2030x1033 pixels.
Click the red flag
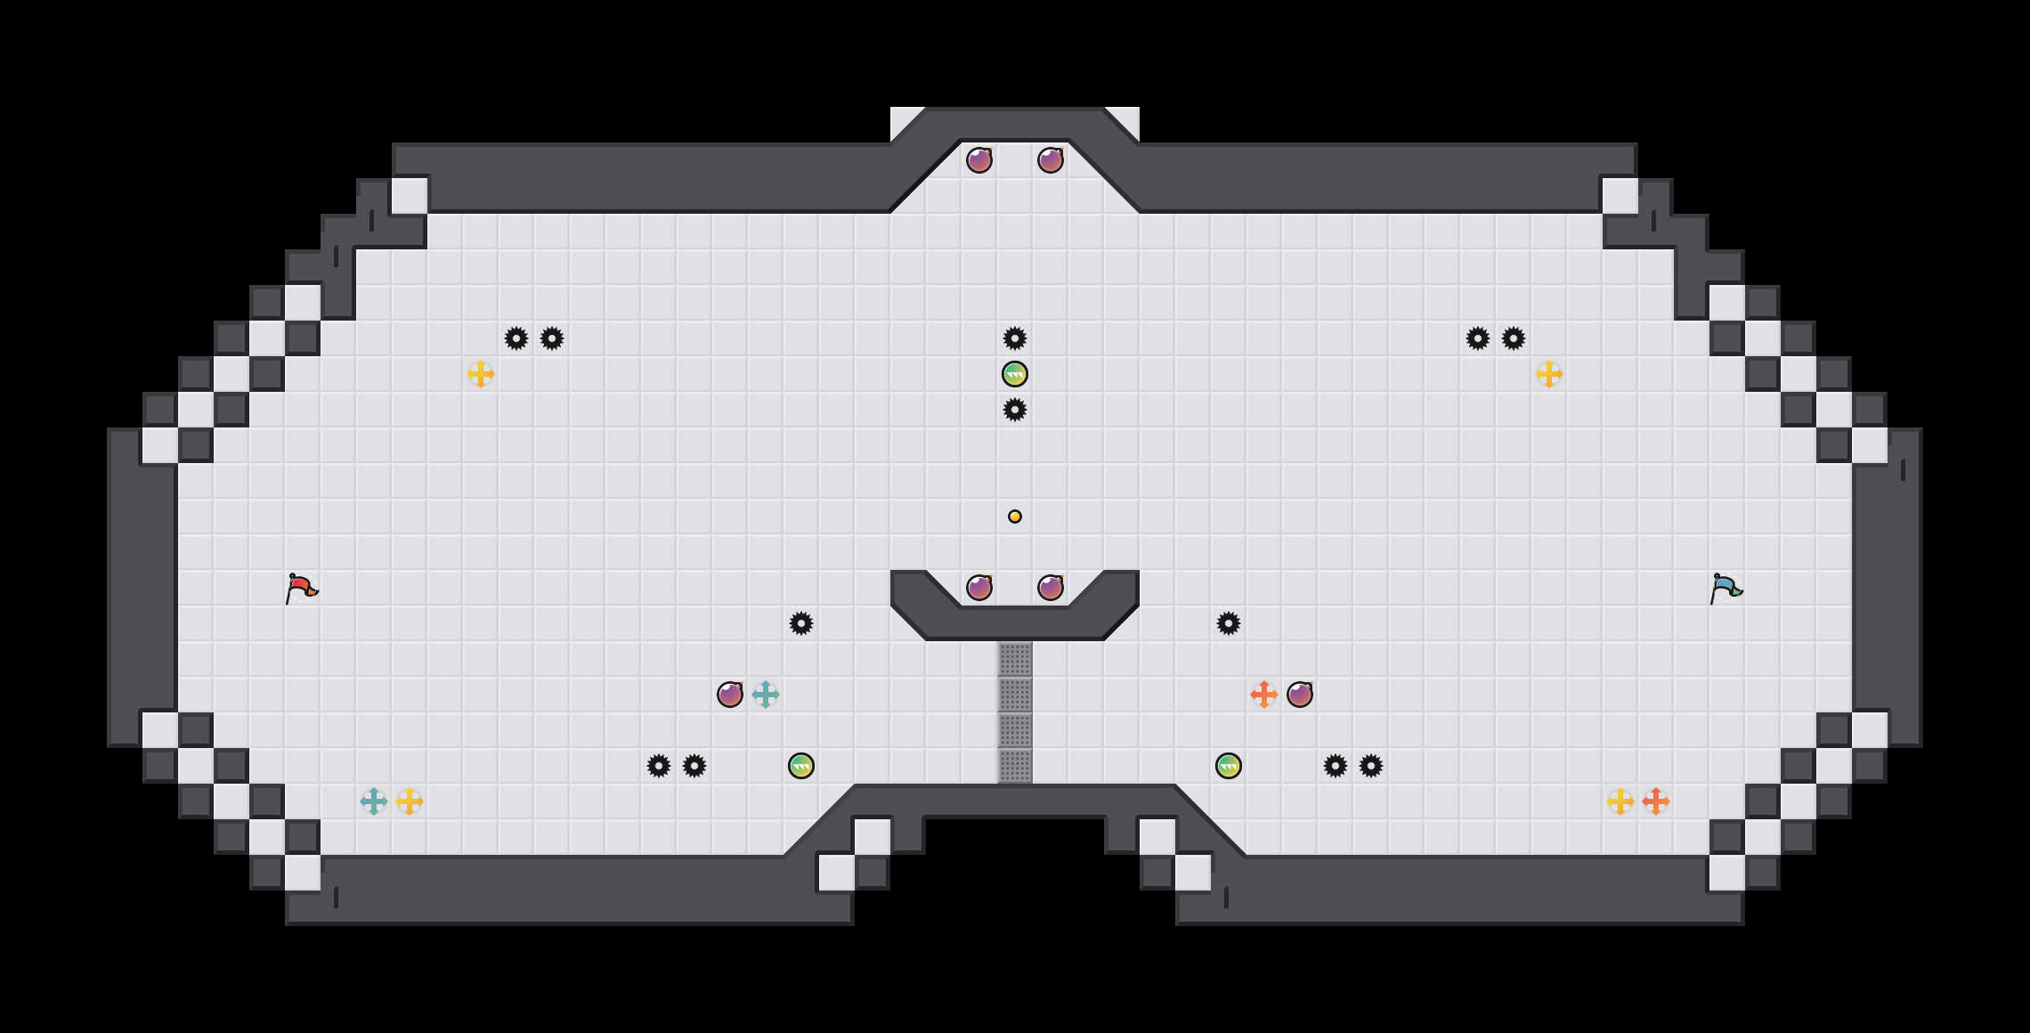coord(301,588)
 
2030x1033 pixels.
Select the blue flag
coord(1725,588)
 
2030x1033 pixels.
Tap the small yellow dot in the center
coord(1015,516)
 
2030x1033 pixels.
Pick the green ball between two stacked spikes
coord(1015,374)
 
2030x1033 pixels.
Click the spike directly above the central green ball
coord(1015,338)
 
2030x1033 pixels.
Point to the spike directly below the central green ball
coord(1015,410)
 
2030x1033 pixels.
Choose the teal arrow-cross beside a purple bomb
coord(766,695)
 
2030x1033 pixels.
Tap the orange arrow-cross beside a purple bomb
coord(1264,695)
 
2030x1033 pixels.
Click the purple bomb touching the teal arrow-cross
coord(730,695)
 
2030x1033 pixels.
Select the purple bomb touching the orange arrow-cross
coord(1300,695)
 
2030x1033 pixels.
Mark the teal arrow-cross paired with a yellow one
coord(374,801)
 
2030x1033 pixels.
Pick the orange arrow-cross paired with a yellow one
coord(1656,801)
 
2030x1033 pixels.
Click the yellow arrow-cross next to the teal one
coord(410,801)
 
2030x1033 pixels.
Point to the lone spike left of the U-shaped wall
coord(801,623)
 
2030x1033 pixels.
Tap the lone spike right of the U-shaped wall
coord(1229,623)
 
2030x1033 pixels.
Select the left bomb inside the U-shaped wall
coord(979,588)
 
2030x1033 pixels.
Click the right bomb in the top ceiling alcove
coord(1051,160)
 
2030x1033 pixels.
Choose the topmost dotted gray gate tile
coord(1015,660)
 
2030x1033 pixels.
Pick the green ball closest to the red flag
coord(801,766)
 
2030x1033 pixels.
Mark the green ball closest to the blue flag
coord(1229,766)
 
